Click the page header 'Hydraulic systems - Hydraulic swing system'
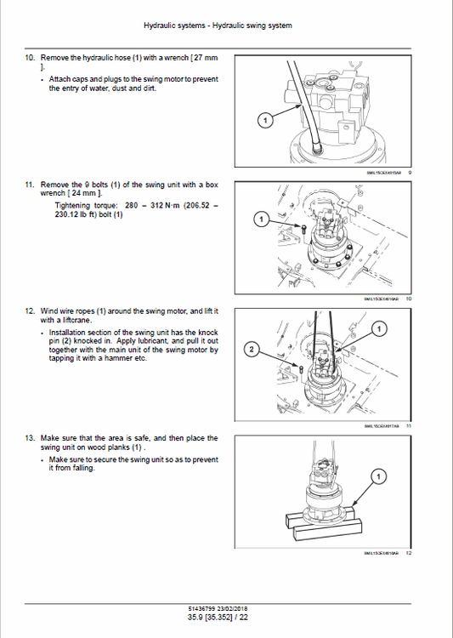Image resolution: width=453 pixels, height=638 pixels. coord(225,26)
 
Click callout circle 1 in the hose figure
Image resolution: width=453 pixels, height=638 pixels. coord(263,122)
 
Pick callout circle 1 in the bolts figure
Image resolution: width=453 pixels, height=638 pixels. coord(260,219)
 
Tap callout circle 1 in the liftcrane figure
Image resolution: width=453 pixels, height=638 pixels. coord(378,328)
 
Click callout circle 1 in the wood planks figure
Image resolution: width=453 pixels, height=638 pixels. coord(378,475)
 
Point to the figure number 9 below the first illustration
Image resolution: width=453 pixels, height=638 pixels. coord(410,172)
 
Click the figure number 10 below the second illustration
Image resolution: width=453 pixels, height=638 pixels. coord(408,299)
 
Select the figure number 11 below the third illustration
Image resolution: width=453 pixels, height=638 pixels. coord(408,425)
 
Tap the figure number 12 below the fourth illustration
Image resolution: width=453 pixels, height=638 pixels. coord(408,553)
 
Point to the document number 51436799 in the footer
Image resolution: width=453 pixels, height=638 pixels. coord(203,607)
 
